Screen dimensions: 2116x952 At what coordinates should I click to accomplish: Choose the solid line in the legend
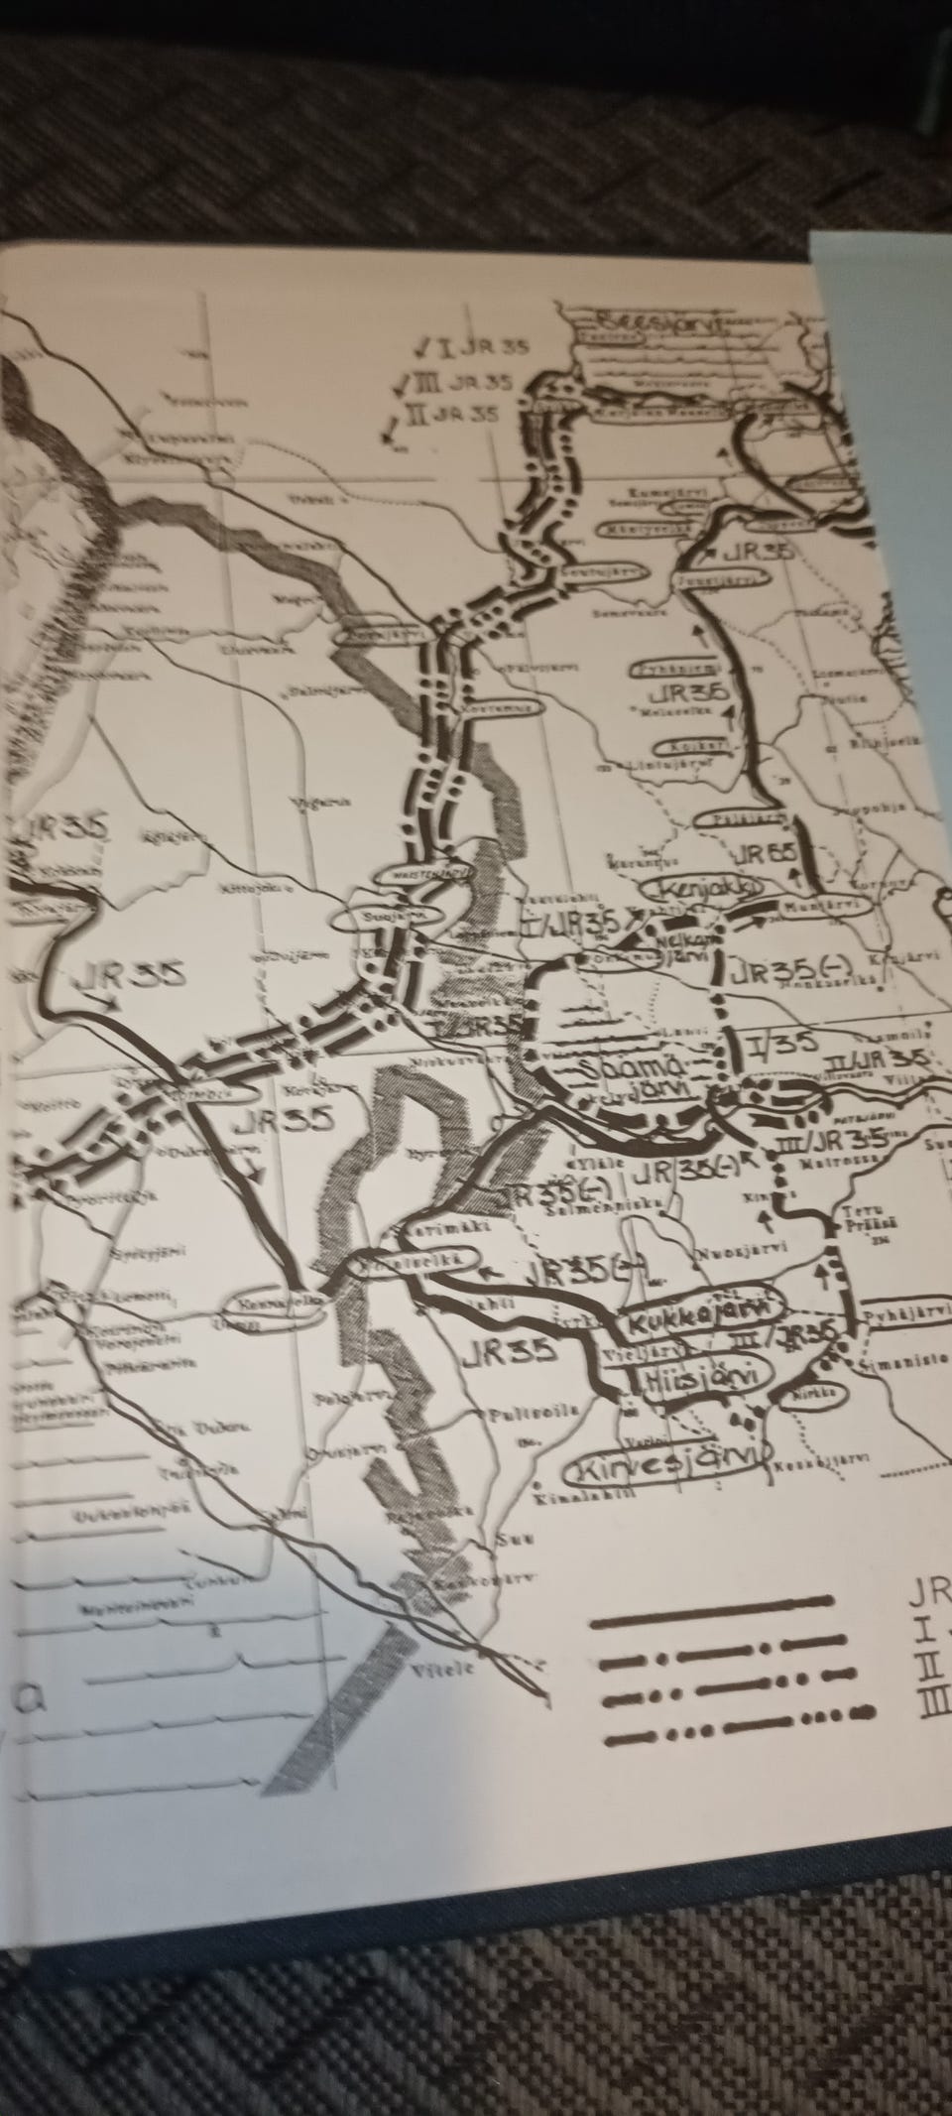click(x=709, y=1599)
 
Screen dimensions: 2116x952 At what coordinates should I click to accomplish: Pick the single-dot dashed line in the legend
click(x=709, y=1631)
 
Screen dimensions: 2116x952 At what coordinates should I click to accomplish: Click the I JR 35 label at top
click(x=472, y=347)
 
